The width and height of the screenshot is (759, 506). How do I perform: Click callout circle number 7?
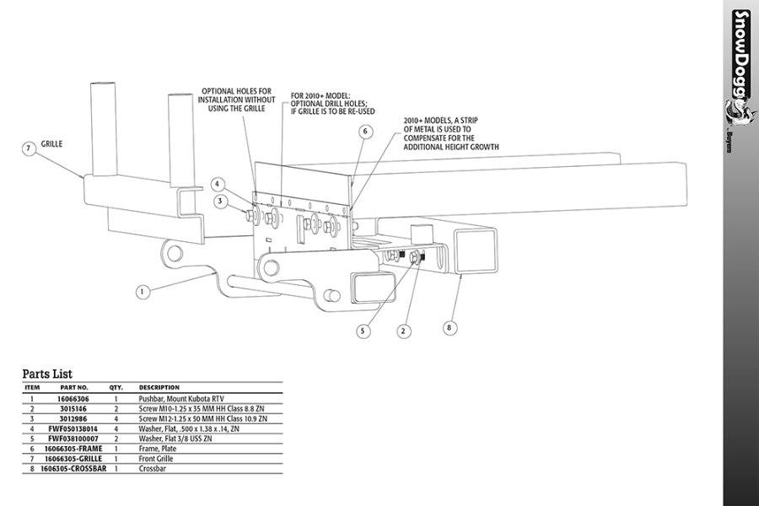[x=29, y=148]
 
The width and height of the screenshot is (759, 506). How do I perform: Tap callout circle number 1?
[x=143, y=292]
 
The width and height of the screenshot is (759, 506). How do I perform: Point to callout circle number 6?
[x=365, y=132]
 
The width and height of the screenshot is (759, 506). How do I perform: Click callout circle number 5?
[x=363, y=331]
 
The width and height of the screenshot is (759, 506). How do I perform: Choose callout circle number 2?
[x=404, y=331]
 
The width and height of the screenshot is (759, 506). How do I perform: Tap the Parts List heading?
[x=47, y=374]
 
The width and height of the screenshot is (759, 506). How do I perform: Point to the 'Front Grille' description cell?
[x=159, y=458]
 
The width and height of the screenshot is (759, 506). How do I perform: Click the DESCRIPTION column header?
[x=159, y=388]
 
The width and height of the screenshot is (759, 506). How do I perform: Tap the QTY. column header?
[x=116, y=388]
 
